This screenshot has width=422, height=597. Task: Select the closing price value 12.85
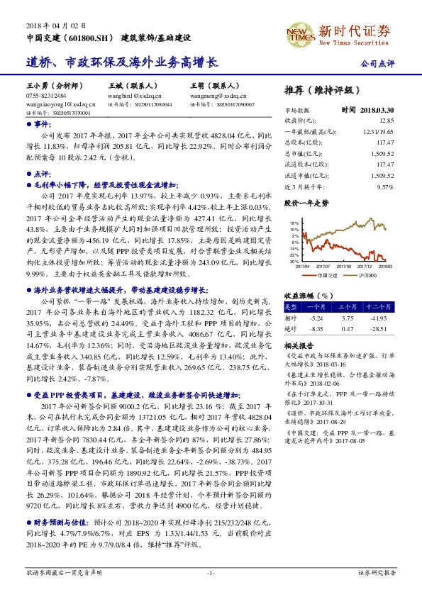385,121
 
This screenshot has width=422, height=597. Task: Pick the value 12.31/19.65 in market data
377,131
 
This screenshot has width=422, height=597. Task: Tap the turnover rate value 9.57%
384,186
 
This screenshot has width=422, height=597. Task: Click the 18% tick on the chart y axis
294,223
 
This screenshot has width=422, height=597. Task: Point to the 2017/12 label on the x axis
367,266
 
